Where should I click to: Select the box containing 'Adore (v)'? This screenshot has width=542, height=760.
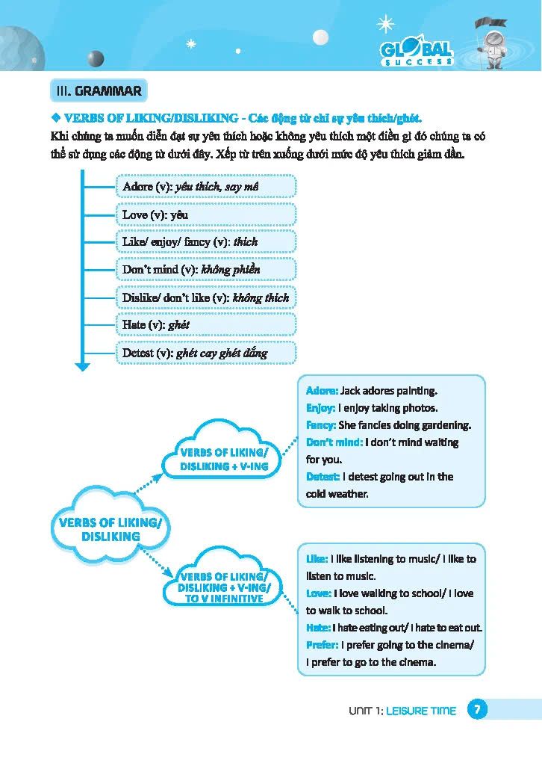point(205,187)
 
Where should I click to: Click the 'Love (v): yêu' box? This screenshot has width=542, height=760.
point(205,214)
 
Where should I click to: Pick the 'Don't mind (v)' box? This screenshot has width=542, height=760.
point(205,269)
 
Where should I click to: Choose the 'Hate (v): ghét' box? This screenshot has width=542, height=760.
point(205,324)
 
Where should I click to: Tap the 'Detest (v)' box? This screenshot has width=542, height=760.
point(205,353)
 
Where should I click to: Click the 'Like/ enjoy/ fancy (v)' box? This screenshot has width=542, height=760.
point(205,242)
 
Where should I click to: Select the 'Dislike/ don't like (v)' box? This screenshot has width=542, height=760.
point(205,297)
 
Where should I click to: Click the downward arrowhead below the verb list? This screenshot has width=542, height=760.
point(82,366)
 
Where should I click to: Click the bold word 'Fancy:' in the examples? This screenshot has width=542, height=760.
point(321,425)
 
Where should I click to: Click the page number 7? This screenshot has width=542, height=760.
point(477,710)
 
